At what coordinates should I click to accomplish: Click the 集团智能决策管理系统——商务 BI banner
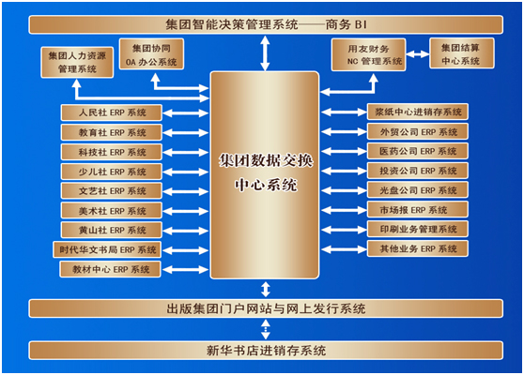pos(266,24)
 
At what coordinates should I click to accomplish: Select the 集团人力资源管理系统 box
pos(77,63)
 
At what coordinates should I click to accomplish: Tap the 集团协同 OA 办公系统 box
pos(151,54)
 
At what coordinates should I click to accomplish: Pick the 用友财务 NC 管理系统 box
pos(369,54)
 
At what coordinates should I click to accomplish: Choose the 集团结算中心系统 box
pos(461,53)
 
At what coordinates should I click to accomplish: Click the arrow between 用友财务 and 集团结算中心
pos(418,53)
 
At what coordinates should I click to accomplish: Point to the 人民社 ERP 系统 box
pos(112,112)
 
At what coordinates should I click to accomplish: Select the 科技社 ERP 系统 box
pos(112,152)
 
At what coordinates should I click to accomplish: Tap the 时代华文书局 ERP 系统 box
pos(107,250)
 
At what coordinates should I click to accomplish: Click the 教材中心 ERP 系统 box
pos(110,269)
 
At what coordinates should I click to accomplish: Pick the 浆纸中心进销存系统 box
pos(417,112)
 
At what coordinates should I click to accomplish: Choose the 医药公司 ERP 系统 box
pos(417,151)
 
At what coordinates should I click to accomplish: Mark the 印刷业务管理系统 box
pos(417,229)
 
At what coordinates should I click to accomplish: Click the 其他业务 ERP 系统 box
pos(417,248)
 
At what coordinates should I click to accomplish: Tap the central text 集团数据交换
pos(266,161)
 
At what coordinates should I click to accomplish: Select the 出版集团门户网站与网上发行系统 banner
pos(266,308)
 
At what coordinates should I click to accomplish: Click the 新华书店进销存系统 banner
pos(266,351)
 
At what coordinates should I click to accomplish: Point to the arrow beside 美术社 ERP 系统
pos(186,211)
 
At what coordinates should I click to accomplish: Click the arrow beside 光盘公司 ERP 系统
pos(344,190)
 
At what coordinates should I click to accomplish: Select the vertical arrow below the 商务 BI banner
pos(265,53)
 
